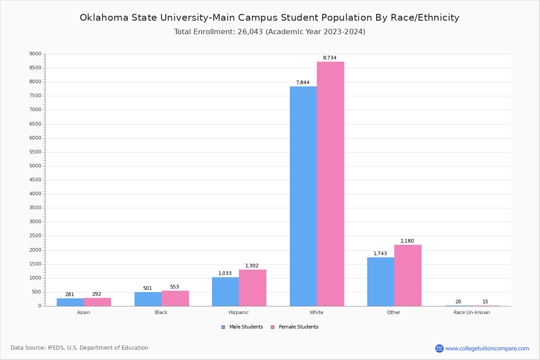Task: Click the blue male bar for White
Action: click(303, 196)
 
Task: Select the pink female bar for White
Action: click(330, 184)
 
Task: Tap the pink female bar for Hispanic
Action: click(252, 288)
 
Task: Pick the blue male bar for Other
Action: click(380, 282)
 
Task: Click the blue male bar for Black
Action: click(148, 299)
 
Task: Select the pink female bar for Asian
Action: click(97, 302)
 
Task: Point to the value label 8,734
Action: click(329, 58)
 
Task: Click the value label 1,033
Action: click(225, 274)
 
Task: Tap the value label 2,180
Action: click(407, 241)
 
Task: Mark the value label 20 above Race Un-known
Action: click(458, 302)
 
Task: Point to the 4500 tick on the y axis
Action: click(36, 180)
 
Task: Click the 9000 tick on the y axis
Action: click(36, 54)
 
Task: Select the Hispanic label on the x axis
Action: click(238, 312)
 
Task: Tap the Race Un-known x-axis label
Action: click(472, 312)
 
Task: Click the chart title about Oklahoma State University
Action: click(270, 18)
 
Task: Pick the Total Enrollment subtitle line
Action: click(270, 32)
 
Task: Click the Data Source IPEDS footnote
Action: click(80, 348)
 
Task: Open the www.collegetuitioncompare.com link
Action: click(487, 348)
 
